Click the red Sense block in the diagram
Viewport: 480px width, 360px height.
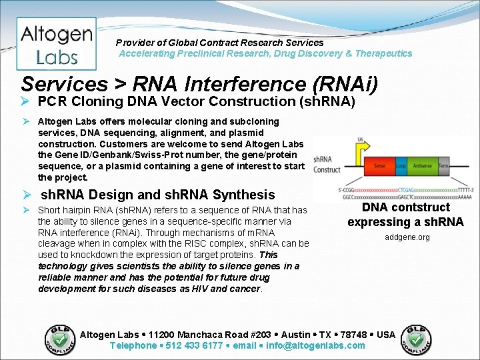(x=379, y=165)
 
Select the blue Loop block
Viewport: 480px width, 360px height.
(x=401, y=165)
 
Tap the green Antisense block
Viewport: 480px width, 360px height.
(x=423, y=165)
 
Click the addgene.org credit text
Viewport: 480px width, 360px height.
(x=407, y=237)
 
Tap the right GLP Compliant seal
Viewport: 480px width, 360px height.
(x=416, y=339)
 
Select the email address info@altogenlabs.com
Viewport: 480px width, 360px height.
(x=315, y=345)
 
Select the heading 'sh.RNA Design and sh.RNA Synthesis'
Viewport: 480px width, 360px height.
(x=158, y=195)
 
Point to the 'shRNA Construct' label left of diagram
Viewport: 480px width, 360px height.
(x=327, y=165)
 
